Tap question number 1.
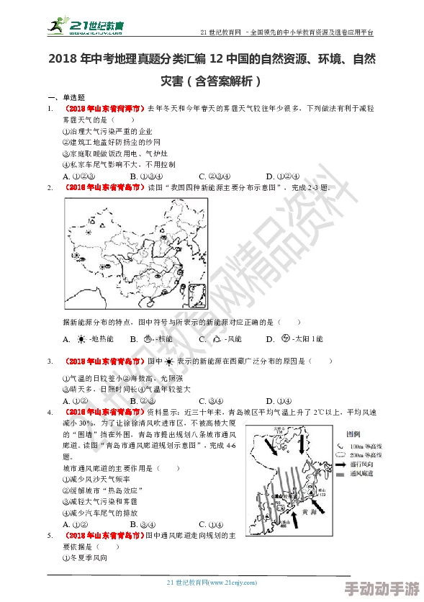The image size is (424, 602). pos(50,108)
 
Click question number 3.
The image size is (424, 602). pos(50,361)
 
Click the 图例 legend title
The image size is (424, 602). pos(353,435)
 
